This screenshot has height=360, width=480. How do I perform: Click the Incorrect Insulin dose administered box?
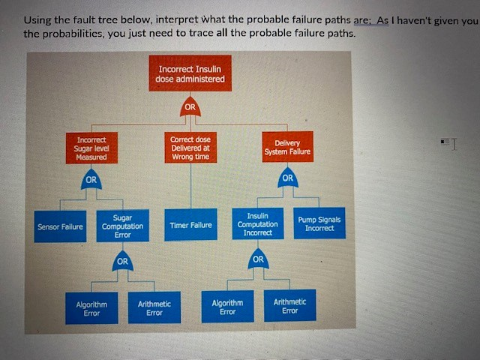pos(190,73)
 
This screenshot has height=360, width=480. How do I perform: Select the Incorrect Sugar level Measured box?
pos(91,147)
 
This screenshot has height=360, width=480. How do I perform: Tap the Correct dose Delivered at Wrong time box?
pos(190,148)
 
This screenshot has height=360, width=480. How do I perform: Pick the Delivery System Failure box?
pos(287,147)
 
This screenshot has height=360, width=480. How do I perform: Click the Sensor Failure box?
pos(60,226)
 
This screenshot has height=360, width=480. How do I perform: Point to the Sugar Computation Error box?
pos(122,225)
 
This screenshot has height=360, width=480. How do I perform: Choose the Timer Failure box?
pos(190,225)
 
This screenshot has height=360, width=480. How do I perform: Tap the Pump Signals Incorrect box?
pos(319,223)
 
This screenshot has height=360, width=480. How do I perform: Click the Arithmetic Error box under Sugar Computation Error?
pos(154,307)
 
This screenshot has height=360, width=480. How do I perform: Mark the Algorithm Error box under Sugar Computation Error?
pos(91,307)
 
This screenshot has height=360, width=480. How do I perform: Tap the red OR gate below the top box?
pos(190,106)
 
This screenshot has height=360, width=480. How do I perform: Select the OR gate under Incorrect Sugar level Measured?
pos(91,180)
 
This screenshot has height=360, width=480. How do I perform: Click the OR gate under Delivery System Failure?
pos(287,178)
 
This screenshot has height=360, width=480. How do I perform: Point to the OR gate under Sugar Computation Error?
pos(122,262)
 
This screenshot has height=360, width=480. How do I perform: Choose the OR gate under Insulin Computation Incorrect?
pos(258,259)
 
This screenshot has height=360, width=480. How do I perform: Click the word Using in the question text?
pos(37,20)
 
